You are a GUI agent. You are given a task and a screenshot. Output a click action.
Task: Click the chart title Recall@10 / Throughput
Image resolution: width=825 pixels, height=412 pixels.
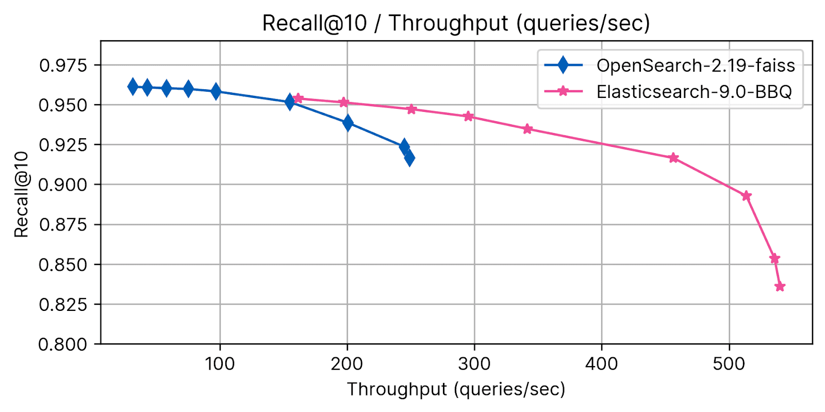pos(456,23)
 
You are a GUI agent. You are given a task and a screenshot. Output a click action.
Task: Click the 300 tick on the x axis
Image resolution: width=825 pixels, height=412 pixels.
pos(474,364)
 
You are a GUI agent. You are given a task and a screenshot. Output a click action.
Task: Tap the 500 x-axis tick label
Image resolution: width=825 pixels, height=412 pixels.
pos(729,364)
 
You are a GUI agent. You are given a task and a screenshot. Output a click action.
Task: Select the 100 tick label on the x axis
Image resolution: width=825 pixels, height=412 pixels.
pos(220,364)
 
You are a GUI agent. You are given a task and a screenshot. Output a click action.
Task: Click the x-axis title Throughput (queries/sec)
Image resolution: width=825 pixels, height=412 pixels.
pos(456,389)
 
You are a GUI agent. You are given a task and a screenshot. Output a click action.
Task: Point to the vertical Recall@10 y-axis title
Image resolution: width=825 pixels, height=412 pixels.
pos(21,194)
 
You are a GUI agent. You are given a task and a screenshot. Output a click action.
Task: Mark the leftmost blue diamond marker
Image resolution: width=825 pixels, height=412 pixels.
pos(133,87)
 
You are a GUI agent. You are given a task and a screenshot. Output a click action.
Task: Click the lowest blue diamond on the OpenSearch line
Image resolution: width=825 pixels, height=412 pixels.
pos(409,158)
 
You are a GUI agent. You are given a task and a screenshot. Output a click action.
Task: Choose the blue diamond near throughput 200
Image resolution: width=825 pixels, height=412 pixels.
pos(348,123)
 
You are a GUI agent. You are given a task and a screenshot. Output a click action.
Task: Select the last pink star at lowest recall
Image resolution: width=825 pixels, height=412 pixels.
pos(780,286)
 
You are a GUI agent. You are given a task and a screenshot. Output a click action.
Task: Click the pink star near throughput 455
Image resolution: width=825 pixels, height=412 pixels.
pos(673,158)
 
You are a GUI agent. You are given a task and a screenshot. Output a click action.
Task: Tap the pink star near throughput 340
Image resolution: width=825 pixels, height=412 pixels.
pos(527,129)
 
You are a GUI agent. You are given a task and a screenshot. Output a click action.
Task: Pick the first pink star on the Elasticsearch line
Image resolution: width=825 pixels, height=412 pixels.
pos(298,98)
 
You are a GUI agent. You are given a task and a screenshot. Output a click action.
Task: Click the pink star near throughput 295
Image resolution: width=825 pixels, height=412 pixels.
pos(468,117)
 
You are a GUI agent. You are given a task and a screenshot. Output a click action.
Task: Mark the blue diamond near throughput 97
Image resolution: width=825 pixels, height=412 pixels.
pos(216,91)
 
